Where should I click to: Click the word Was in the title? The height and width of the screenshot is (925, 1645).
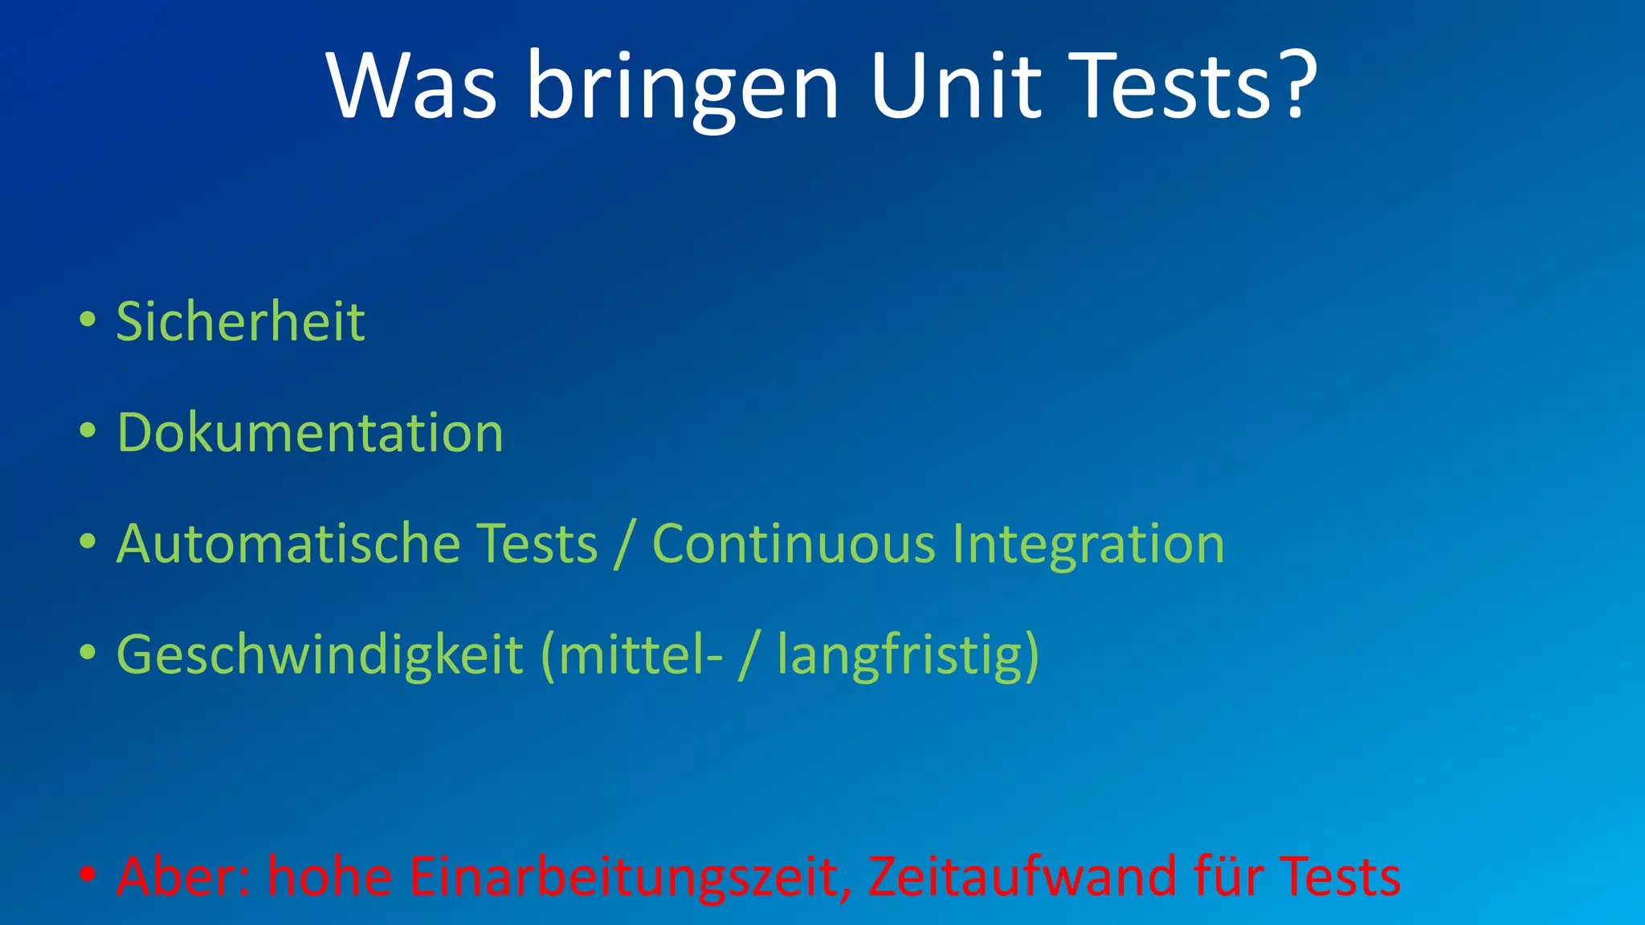pyautogui.click(x=411, y=86)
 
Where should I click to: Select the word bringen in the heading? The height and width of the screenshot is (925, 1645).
pyautogui.click(x=683, y=88)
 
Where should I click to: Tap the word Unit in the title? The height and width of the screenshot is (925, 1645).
pyautogui.click(x=955, y=86)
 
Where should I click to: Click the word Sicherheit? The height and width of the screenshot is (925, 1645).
pyautogui.click(x=240, y=321)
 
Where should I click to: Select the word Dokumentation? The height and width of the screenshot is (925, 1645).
pyautogui.click(x=310, y=432)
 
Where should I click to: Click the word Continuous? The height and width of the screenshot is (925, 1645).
pyautogui.click(x=794, y=544)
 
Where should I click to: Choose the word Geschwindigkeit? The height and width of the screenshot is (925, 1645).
pyautogui.click(x=320, y=655)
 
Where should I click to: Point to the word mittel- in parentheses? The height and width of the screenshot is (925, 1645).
pyautogui.click(x=639, y=655)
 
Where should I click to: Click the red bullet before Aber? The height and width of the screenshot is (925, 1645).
pyautogui.click(x=88, y=874)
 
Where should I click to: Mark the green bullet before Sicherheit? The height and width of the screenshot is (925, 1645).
pyautogui.click(x=88, y=320)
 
